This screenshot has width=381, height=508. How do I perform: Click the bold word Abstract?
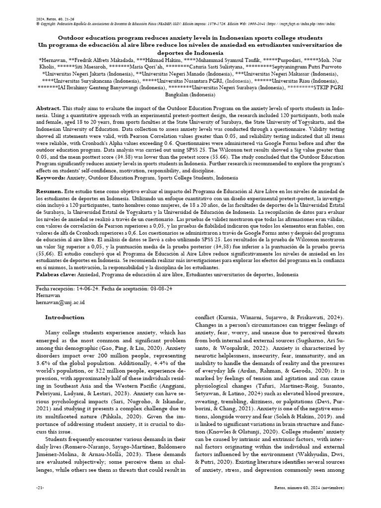(48, 108)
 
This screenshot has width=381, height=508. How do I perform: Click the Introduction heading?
(65, 317)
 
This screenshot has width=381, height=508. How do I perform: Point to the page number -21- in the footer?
(40, 502)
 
